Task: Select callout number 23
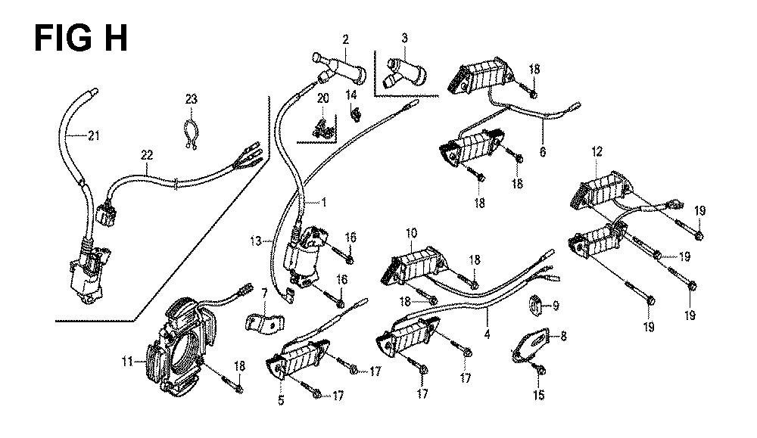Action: coord(191,98)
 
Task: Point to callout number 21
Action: coord(94,136)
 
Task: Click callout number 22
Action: coord(146,155)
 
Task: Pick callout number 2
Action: coord(345,39)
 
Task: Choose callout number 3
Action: coord(405,38)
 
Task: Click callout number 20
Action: coord(323,98)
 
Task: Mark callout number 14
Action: coord(351,95)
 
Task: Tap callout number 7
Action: coord(265,292)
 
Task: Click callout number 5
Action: coord(280,400)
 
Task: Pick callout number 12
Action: coord(597,152)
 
